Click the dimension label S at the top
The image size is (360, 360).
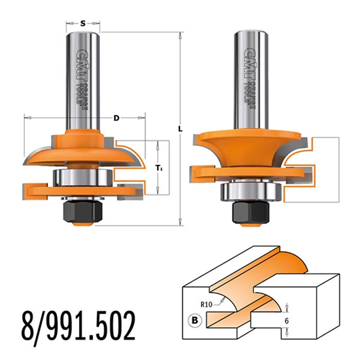(83, 24)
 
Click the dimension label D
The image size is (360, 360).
(116, 118)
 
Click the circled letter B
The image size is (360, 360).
(194, 321)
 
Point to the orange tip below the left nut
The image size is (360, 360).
(82, 225)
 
